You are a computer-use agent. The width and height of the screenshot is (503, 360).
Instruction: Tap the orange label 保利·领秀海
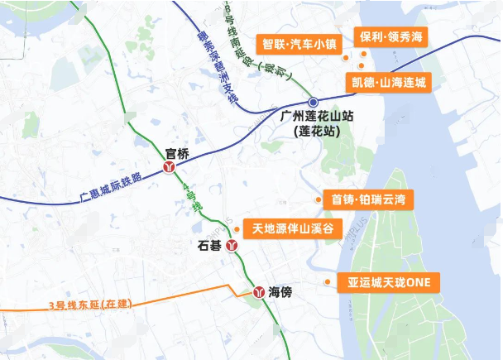(390, 38)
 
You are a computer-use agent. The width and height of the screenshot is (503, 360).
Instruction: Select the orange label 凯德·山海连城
(386, 82)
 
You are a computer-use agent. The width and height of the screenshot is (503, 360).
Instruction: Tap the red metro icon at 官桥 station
(171, 166)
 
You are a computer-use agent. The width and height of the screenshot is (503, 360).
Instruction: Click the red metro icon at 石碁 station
(233, 246)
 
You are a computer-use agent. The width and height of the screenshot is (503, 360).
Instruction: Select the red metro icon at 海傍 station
(256, 292)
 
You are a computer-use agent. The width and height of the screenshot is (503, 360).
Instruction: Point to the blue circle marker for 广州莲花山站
(313, 102)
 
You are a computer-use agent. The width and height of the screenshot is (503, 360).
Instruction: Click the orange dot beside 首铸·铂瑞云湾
(319, 199)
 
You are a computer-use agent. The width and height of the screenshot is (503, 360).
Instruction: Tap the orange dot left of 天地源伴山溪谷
(237, 228)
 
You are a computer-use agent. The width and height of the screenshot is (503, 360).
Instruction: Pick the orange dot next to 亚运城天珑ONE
(328, 282)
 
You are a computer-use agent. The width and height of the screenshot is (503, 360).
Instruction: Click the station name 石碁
(210, 246)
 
